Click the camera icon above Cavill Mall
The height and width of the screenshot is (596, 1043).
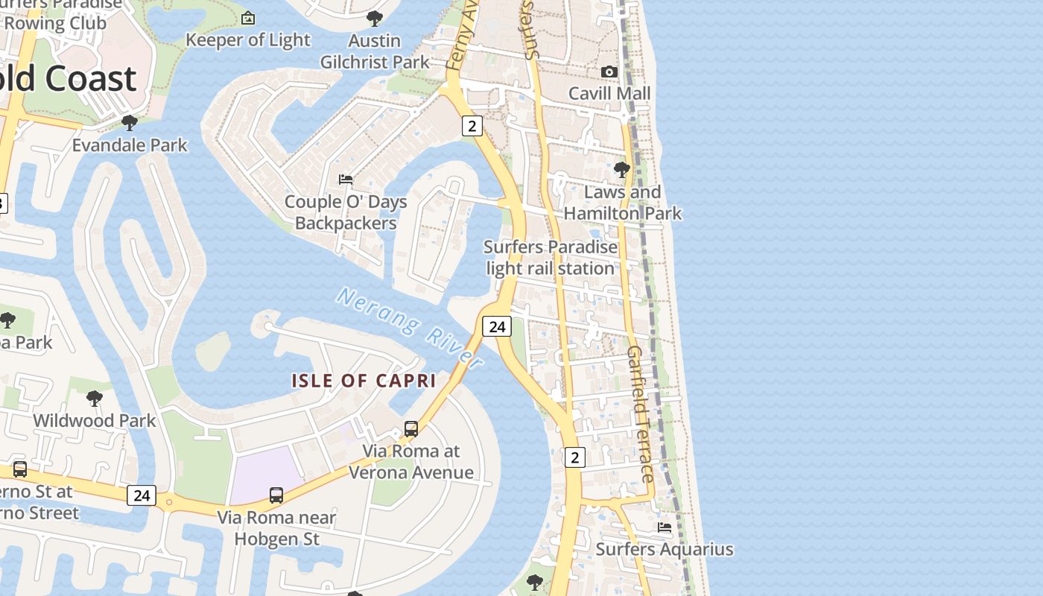pyautogui.click(x=609, y=72)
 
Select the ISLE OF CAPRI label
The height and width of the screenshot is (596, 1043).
pyautogui.click(x=364, y=381)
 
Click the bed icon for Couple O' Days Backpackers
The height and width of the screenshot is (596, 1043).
pyautogui.click(x=346, y=180)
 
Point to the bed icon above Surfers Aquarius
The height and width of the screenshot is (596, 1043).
pyautogui.click(x=665, y=527)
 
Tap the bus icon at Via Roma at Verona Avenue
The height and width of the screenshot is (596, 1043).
pyautogui.click(x=411, y=429)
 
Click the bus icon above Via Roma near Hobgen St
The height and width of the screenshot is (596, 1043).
pyautogui.click(x=276, y=495)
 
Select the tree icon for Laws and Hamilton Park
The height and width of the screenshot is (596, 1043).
pyautogui.click(x=621, y=171)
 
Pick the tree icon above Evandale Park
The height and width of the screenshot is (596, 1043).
pyautogui.click(x=130, y=123)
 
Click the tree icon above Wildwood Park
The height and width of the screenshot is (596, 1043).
pyautogui.click(x=95, y=399)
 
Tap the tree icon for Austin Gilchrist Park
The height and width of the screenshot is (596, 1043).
pyautogui.click(x=375, y=19)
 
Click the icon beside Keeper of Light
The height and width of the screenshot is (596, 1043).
pyautogui.click(x=248, y=18)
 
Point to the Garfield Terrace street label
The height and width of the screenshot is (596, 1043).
pyautogui.click(x=641, y=413)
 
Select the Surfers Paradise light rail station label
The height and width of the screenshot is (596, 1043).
pyautogui.click(x=551, y=258)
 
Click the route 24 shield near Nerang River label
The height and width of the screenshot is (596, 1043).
pyautogui.click(x=497, y=326)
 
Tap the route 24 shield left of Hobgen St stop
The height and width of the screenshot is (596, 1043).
pyautogui.click(x=142, y=495)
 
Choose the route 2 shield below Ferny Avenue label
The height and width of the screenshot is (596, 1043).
pyautogui.click(x=472, y=126)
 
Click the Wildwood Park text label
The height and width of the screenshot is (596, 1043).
pyautogui.click(x=95, y=420)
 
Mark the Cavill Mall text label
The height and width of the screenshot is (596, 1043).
pyautogui.click(x=609, y=93)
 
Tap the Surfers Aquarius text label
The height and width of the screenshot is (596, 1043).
pyautogui.click(x=665, y=550)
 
